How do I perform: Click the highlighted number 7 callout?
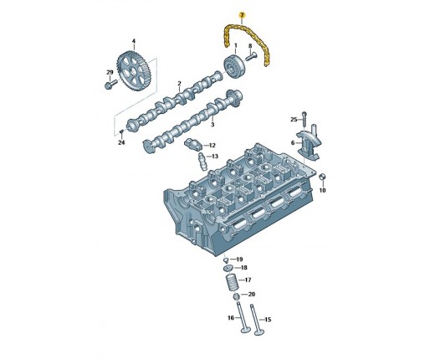[x=242, y=14]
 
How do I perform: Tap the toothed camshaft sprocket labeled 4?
[x=134, y=71]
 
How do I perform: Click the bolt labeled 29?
[x=110, y=84]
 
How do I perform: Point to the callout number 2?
[x=180, y=84]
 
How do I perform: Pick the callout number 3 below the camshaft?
[x=212, y=124]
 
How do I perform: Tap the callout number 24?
[x=121, y=142]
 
